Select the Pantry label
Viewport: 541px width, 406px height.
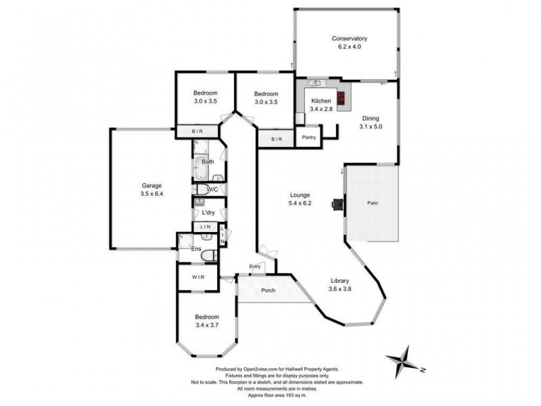309,137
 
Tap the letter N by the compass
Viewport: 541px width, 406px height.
421,369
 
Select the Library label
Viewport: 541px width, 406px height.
339,281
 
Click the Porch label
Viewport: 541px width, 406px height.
268,292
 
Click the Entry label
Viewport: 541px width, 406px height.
255,266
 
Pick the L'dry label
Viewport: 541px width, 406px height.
208,212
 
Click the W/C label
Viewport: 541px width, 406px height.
212,189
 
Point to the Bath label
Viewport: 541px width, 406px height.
208,162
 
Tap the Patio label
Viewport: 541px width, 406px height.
373,202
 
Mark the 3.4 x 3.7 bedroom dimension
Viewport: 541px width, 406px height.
207,325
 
